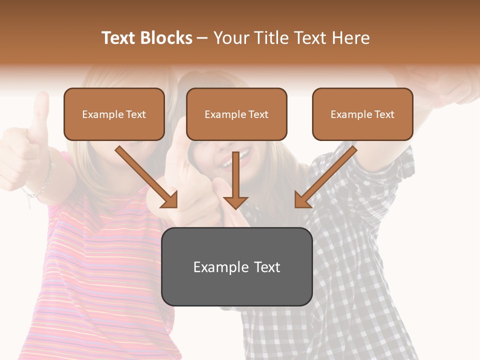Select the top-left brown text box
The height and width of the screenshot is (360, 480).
(x=114, y=114)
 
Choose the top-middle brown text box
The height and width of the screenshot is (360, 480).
(x=236, y=114)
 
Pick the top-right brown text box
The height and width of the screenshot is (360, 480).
(x=362, y=114)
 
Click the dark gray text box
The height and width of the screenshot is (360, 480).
(x=236, y=266)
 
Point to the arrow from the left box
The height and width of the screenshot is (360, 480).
(x=147, y=177)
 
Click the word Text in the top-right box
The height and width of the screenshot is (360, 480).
(x=384, y=114)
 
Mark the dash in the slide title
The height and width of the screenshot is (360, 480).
(x=202, y=38)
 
